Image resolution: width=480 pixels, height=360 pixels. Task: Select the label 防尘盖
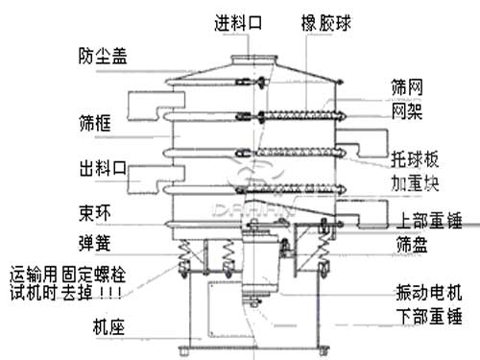[100, 56]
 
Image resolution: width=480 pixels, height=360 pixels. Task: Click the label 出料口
[100, 170]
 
